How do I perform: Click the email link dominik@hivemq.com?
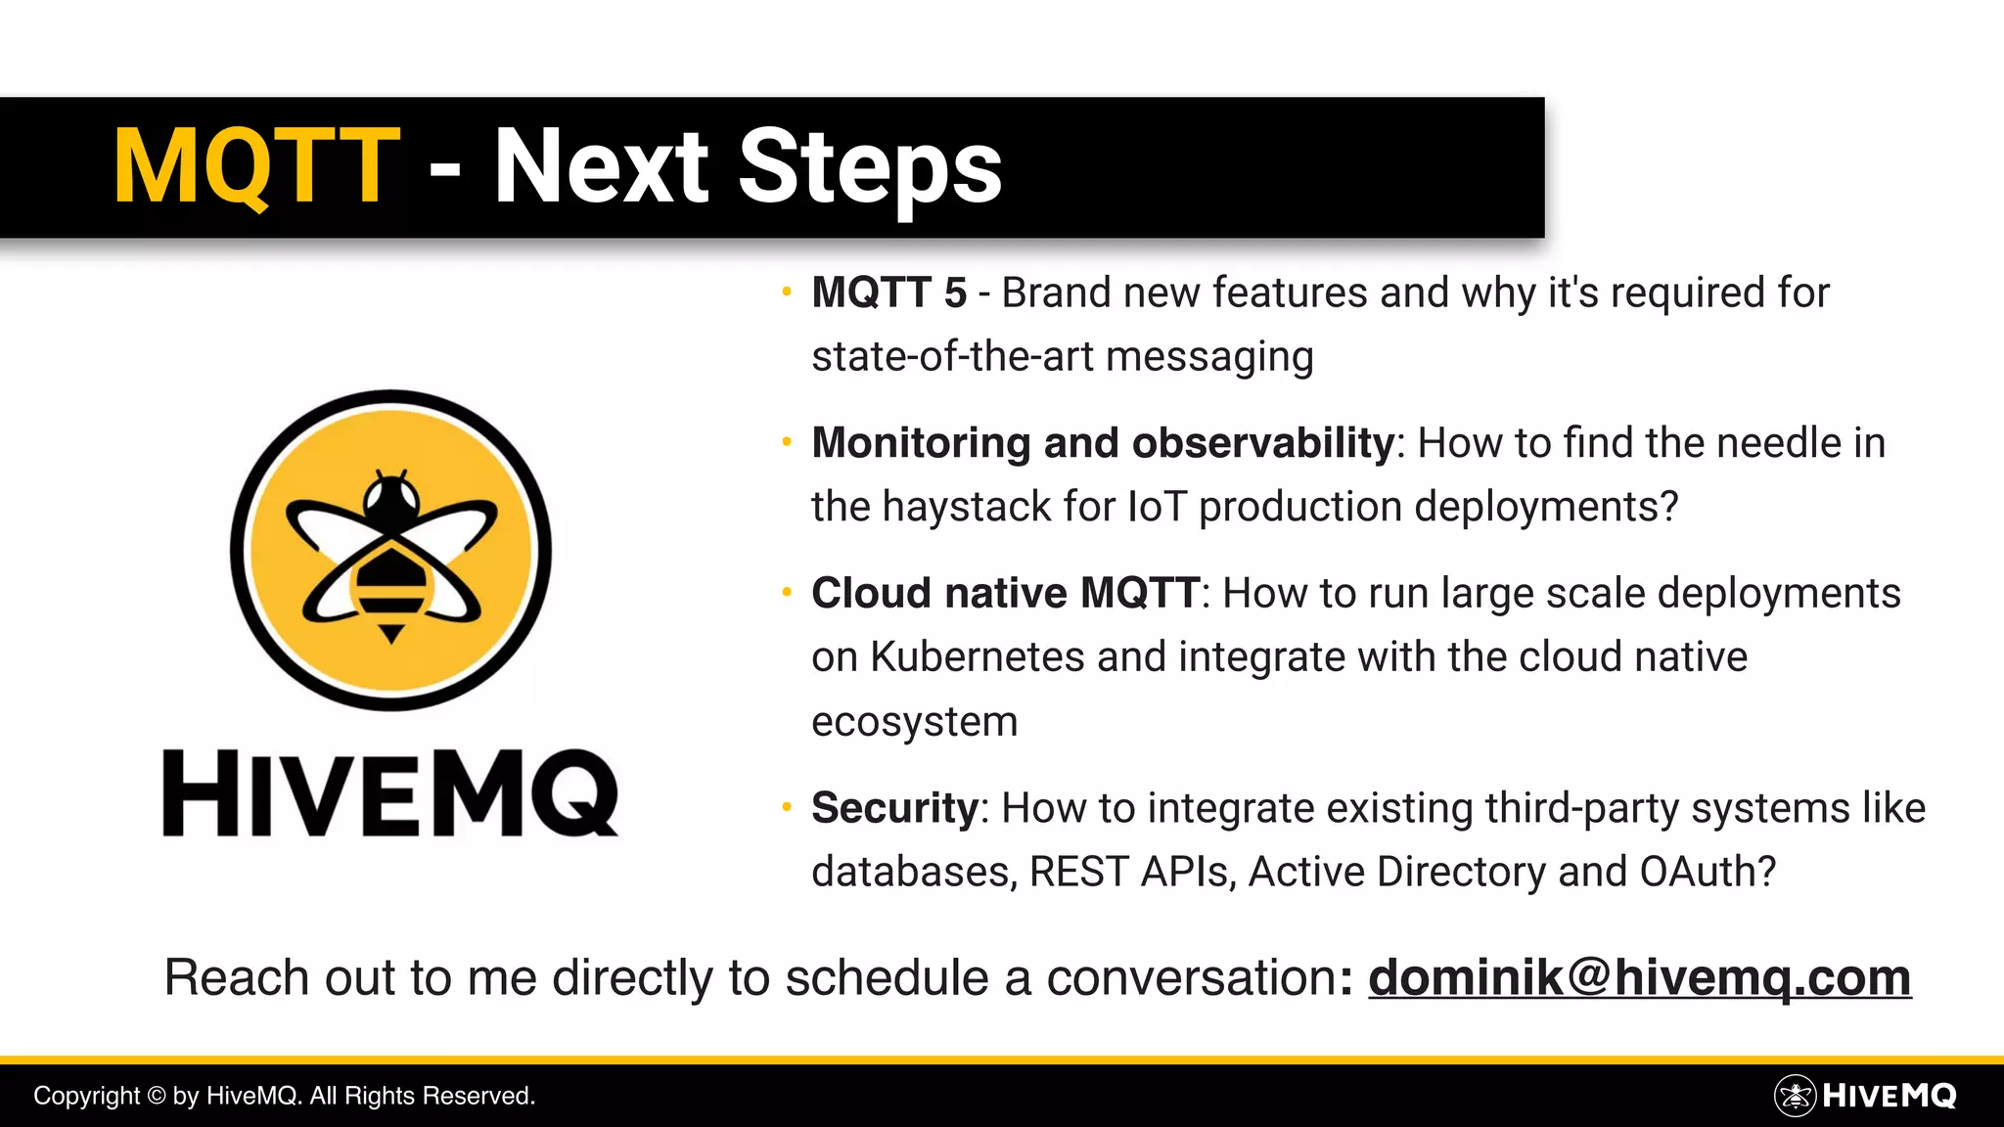tap(1639, 977)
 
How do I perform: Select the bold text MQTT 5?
tap(888, 293)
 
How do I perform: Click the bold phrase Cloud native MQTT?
tap(1005, 593)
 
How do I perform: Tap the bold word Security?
tap(894, 808)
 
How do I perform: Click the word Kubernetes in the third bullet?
tap(977, 657)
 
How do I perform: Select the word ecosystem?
tap(914, 722)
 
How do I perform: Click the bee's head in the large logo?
tap(391, 498)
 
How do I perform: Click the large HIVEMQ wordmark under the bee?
tap(390, 793)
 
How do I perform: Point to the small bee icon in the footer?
tap(1795, 1096)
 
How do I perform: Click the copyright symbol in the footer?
tap(156, 1096)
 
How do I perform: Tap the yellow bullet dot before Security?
tap(786, 808)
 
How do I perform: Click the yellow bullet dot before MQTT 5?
tap(786, 292)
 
